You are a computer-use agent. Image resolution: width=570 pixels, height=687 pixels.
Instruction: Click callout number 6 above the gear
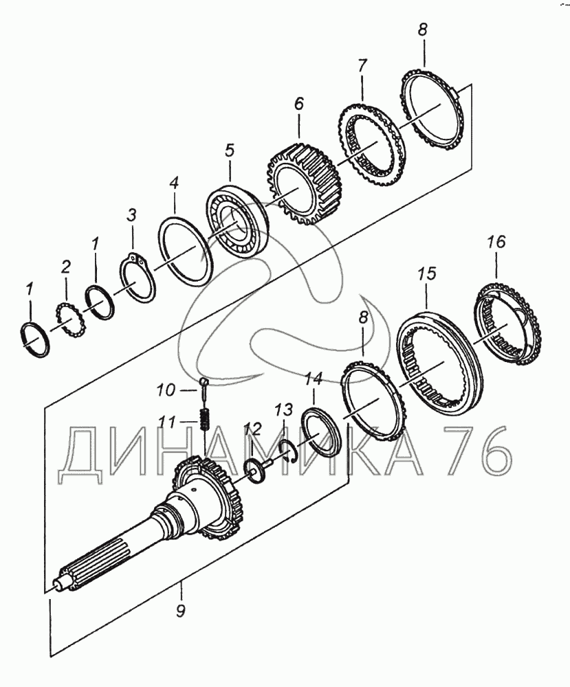(x=298, y=104)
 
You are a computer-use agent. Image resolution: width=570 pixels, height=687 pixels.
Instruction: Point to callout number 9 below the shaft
(x=180, y=609)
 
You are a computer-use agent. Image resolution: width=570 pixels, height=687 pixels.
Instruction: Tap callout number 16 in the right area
(x=496, y=242)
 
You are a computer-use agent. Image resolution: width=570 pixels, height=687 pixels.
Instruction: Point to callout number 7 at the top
(x=362, y=66)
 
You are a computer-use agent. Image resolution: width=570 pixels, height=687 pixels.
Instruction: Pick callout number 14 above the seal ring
(x=314, y=396)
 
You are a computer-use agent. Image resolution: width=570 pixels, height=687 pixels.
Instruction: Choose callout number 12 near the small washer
(x=252, y=430)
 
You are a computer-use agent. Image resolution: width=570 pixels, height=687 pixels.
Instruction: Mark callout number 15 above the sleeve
(x=427, y=275)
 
